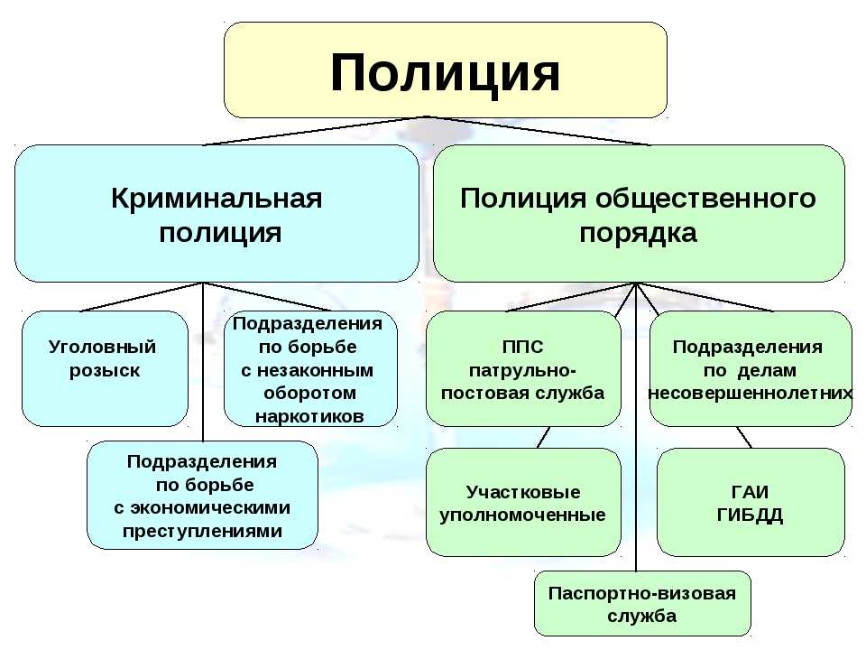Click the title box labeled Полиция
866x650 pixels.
click(445, 71)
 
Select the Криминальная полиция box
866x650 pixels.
click(216, 214)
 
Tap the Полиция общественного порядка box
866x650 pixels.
click(639, 214)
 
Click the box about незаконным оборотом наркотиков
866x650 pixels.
click(310, 368)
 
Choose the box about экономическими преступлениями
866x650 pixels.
click(202, 496)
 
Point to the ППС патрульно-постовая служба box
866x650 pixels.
click(523, 368)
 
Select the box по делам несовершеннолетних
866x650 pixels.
click(751, 368)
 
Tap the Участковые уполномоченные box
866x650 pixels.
click(523, 503)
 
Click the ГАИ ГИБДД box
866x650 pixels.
click(751, 503)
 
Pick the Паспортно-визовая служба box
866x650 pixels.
click(642, 604)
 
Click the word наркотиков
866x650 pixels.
click(309, 416)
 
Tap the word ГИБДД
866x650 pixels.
click(750, 515)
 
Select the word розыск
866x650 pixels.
click(105, 370)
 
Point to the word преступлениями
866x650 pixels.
click(202, 531)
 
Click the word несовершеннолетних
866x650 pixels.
click(751, 393)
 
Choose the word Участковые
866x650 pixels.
click(523, 492)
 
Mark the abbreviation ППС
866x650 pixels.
click(522, 347)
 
